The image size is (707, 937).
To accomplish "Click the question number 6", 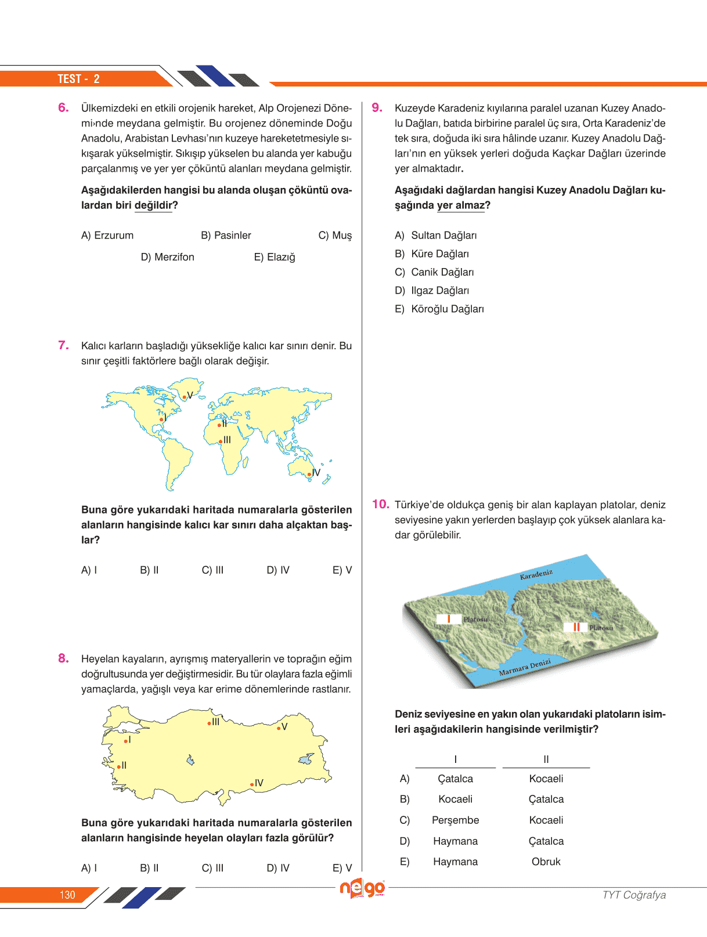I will click(x=63, y=108).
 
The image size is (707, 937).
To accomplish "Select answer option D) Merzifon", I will click(x=167, y=257).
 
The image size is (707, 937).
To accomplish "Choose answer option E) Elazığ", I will click(x=275, y=257).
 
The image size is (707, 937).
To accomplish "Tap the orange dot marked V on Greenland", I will click(x=185, y=397).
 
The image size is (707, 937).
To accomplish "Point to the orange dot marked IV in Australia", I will click(x=309, y=475).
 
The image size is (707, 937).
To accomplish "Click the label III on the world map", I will click(x=227, y=440).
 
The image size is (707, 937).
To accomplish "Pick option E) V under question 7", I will click(x=342, y=570).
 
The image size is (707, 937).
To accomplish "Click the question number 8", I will click(x=63, y=659).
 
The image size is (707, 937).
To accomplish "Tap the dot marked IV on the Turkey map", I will click(x=252, y=784).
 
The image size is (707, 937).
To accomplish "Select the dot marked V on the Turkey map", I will click(x=279, y=728).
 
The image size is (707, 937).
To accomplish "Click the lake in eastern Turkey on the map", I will click(x=306, y=759).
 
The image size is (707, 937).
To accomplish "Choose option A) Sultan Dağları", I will click(x=436, y=236).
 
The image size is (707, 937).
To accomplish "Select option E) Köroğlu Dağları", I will click(x=439, y=309).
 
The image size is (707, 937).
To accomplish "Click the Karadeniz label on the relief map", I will click(x=536, y=575).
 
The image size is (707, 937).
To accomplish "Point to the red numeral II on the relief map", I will click(x=576, y=627).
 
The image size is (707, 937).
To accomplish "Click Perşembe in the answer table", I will click(x=456, y=820).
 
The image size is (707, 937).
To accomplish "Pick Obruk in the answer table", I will click(x=546, y=862).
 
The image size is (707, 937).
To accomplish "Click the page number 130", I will click(x=67, y=895).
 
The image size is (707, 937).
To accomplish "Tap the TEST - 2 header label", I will click(x=78, y=79).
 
